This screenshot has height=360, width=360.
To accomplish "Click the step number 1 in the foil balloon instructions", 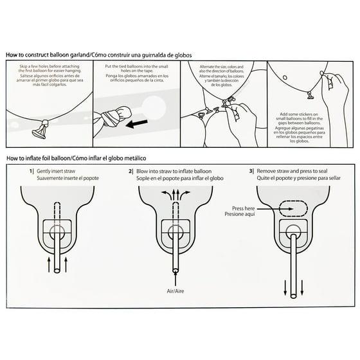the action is (x=31, y=171).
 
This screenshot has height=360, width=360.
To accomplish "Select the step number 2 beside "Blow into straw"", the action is (x=130, y=171).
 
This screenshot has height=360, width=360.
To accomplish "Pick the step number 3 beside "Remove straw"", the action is (x=251, y=171).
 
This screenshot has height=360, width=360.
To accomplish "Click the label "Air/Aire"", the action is (x=175, y=291).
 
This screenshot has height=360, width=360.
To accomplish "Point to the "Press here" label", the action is (x=244, y=208).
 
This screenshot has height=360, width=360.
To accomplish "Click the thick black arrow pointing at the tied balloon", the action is (x=137, y=124).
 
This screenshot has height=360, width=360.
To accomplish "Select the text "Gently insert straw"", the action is (x=56, y=171).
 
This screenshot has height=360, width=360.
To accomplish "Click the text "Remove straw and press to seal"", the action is (x=292, y=171).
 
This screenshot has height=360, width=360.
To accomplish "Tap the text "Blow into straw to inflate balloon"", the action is (x=174, y=171).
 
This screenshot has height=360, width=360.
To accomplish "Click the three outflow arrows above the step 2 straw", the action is (x=175, y=195).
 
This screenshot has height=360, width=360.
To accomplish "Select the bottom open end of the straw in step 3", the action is (x=293, y=296).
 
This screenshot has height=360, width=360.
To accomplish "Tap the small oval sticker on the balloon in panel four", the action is (x=285, y=77).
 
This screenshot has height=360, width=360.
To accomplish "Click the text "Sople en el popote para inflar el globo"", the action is (x=180, y=178).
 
